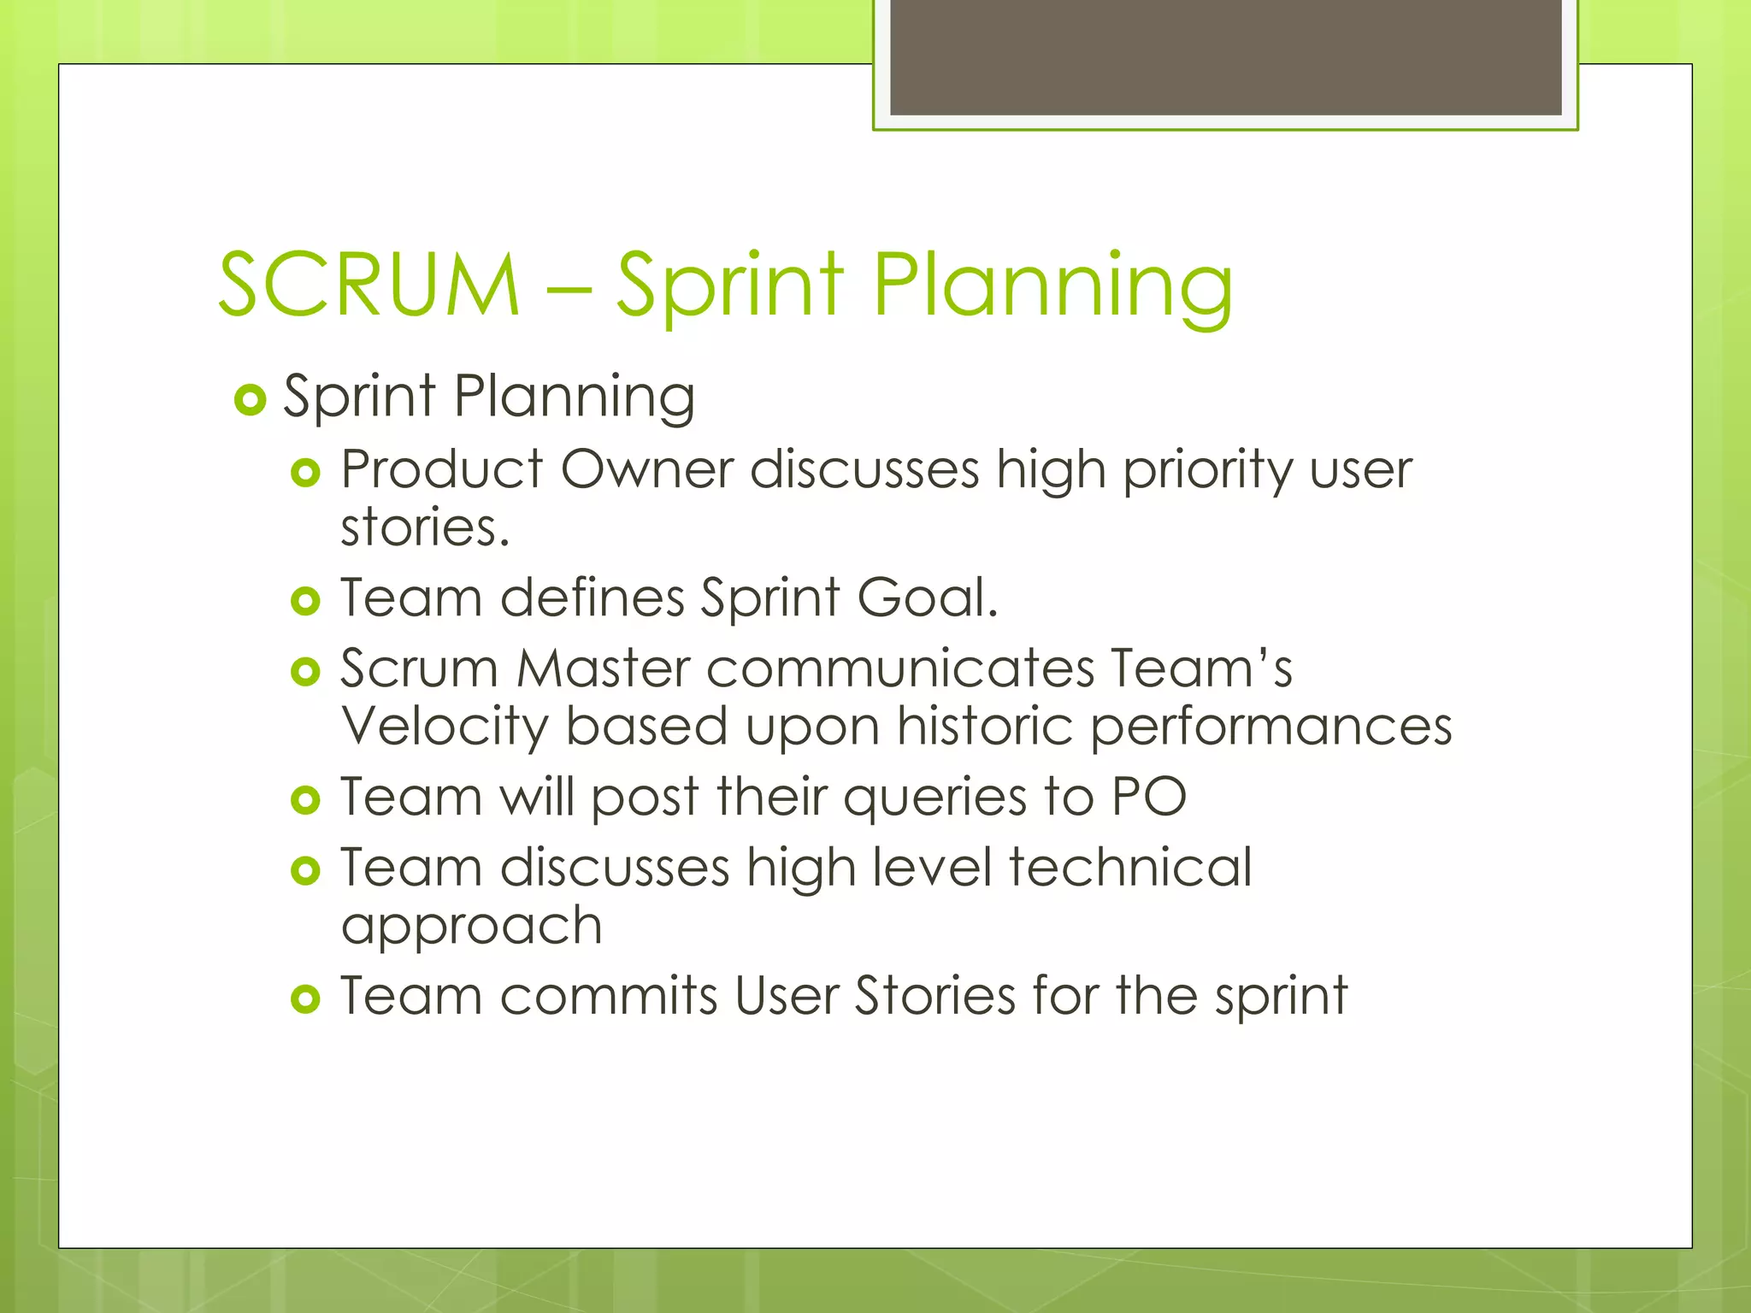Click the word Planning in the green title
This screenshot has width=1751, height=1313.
tap(1052, 286)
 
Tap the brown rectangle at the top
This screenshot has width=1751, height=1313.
tap(1225, 56)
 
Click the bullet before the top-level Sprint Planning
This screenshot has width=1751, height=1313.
tap(250, 399)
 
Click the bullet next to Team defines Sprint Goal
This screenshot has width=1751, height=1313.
tap(305, 601)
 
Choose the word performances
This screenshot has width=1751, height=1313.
tap(1271, 727)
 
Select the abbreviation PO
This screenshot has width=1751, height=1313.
tap(1148, 797)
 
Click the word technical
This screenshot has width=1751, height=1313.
tap(1129, 867)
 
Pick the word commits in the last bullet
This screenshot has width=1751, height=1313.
tap(608, 996)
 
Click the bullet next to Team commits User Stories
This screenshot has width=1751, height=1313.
tap(305, 998)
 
